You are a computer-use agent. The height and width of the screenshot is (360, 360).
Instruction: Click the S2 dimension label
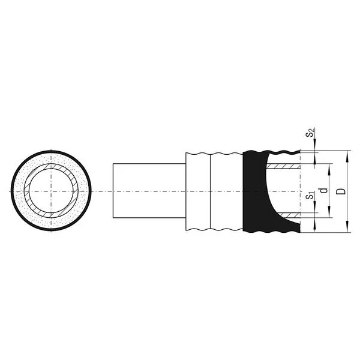pyautogui.click(x=310, y=133)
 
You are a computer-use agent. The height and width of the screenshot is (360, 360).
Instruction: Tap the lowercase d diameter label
pyautogui.click(x=324, y=191)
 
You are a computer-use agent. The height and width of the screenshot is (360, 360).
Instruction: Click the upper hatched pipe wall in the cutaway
pyautogui.click(x=283, y=166)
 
